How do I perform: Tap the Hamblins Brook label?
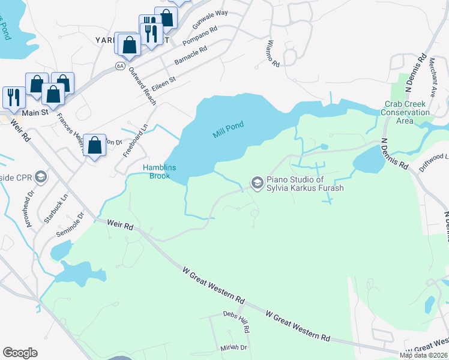159,172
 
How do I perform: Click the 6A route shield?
121,65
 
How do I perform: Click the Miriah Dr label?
234,347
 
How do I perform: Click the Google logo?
20,353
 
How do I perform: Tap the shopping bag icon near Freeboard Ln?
95,145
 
